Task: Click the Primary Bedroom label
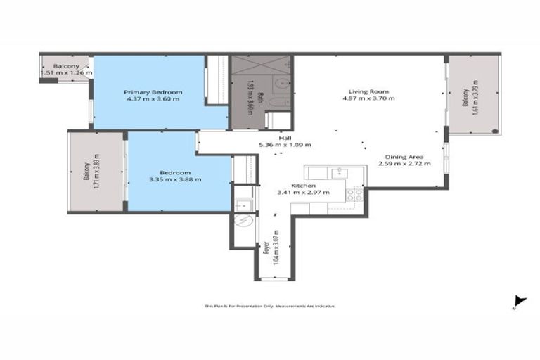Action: point(153,92)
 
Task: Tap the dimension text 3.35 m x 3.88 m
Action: point(175,180)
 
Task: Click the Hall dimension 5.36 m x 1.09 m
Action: point(285,145)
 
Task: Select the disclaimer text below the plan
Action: point(270,306)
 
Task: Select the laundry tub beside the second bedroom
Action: point(242,204)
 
